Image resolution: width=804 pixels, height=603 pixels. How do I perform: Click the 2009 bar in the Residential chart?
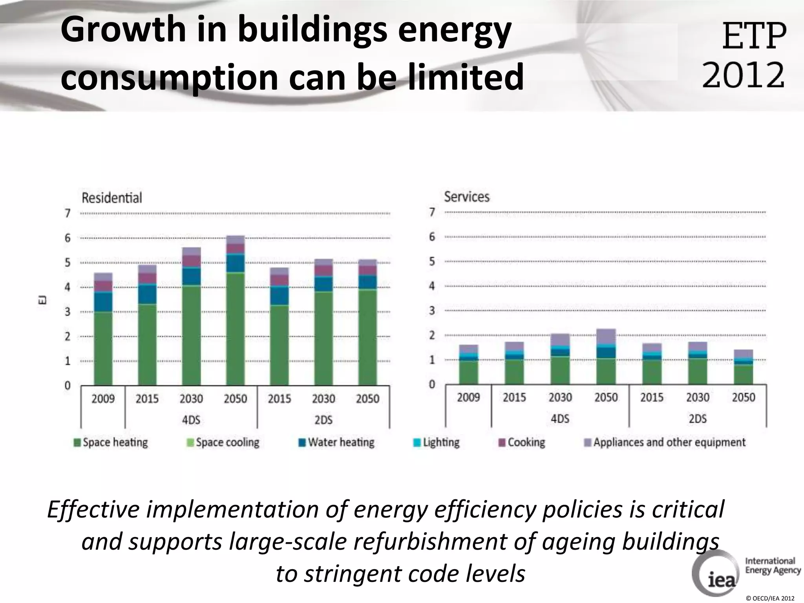(103, 330)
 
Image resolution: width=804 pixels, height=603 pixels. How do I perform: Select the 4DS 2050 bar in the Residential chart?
(235, 310)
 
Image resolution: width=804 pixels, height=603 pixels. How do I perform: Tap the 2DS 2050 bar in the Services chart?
(743, 367)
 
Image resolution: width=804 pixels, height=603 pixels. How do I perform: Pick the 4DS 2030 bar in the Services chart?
(560, 359)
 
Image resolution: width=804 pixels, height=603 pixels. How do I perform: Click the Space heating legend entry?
(111, 442)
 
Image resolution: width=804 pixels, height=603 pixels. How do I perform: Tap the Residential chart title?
(111, 197)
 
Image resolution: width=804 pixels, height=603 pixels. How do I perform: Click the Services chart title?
(467, 196)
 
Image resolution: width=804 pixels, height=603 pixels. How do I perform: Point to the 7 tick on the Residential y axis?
(68, 213)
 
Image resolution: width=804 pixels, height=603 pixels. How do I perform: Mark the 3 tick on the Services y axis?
(432, 311)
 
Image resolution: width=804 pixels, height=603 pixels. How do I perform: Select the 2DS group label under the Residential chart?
(323, 420)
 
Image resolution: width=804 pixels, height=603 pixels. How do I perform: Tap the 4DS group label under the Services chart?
(560, 419)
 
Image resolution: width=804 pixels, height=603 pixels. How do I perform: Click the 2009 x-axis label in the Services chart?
(468, 397)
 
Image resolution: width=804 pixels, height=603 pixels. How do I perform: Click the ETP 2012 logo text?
(744, 55)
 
